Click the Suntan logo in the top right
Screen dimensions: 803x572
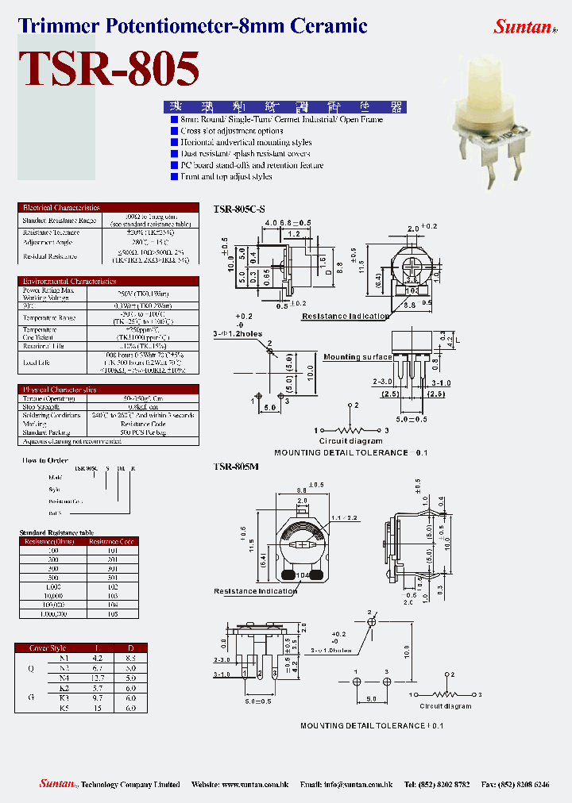coord(523,27)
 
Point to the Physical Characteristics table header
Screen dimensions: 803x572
coord(60,390)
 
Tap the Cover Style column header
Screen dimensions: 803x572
coord(47,647)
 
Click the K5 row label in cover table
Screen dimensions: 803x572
coord(64,707)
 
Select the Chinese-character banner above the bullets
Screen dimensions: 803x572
coord(283,106)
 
